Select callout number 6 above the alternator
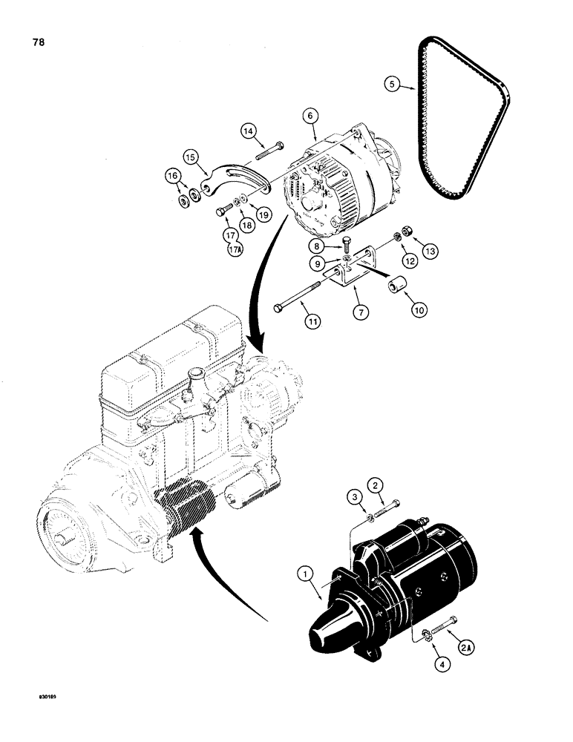[310, 116]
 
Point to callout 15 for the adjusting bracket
[191, 157]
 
